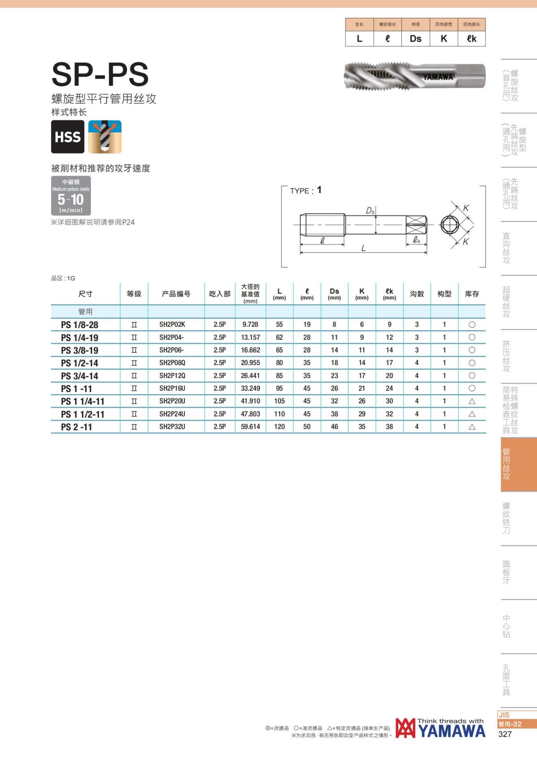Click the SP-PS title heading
pyautogui.click(x=100, y=74)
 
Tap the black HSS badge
pyautogui.click(x=68, y=137)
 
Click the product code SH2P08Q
pyautogui.click(x=172, y=363)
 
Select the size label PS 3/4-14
pyautogui.click(x=79, y=376)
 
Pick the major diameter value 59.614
pyautogui.click(x=250, y=426)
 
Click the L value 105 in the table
pyautogui.click(x=280, y=401)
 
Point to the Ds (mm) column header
pyautogui.click(x=334, y=294)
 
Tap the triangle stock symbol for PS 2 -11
pyautogui.click(x=472, y=427)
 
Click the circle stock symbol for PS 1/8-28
pyautogui.click(x=472, y=325)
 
